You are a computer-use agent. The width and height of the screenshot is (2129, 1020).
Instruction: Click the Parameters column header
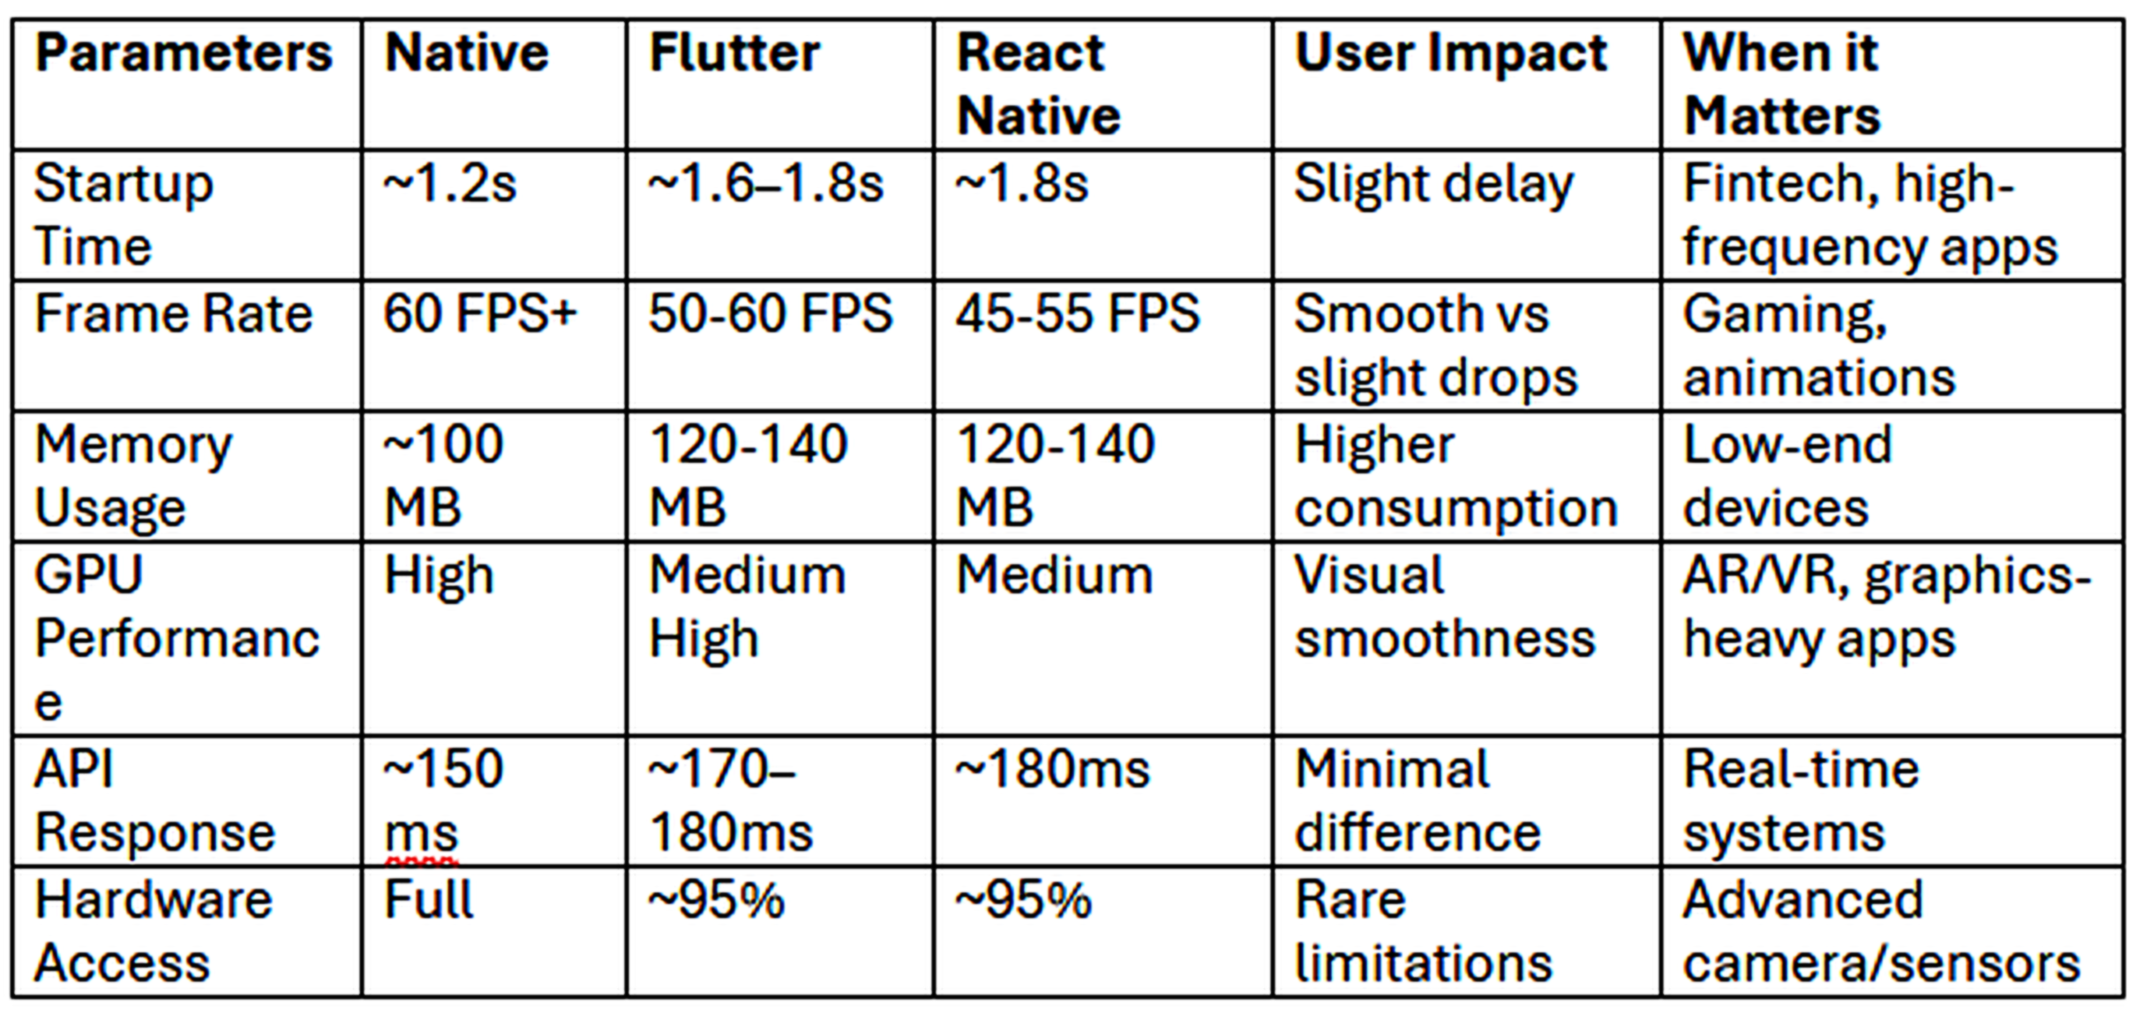tap(184, 53)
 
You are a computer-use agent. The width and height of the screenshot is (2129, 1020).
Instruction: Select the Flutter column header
tap(734, 53)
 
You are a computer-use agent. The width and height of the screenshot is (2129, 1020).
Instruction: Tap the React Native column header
tap(1038, 84)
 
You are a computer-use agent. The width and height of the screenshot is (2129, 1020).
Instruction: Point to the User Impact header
tap(1450, 53)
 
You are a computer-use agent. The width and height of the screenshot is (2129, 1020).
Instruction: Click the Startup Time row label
tap(124, 214)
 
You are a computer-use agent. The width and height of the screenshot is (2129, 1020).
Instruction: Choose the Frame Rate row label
tap(173, 314)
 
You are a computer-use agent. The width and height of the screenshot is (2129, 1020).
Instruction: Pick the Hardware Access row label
tap(154, 931)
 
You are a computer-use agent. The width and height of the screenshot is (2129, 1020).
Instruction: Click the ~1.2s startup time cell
tap(449, 184)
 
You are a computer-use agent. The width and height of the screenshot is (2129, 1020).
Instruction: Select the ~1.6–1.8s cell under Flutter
tap(765, 184)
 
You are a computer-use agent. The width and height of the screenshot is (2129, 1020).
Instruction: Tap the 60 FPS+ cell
tap(479, 314)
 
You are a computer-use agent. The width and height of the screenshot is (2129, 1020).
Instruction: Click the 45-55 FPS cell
tap(1077, 314)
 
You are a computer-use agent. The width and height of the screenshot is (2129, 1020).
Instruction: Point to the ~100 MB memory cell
tap(443, 476)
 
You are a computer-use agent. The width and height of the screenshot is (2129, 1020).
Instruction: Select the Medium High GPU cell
tap(747, 606)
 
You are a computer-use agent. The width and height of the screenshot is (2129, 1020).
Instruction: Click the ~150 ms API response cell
tap(443, 800)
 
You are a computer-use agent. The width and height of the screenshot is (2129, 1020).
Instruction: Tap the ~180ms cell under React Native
tap(1052, 769)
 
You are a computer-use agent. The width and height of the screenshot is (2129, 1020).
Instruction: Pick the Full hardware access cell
tap(429, 900)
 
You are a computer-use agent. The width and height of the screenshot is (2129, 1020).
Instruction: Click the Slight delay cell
tap(1433, 184)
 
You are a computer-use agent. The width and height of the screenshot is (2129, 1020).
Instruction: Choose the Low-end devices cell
tap(1787, 476)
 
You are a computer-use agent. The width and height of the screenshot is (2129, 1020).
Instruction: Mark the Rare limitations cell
tap(1423, 931)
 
